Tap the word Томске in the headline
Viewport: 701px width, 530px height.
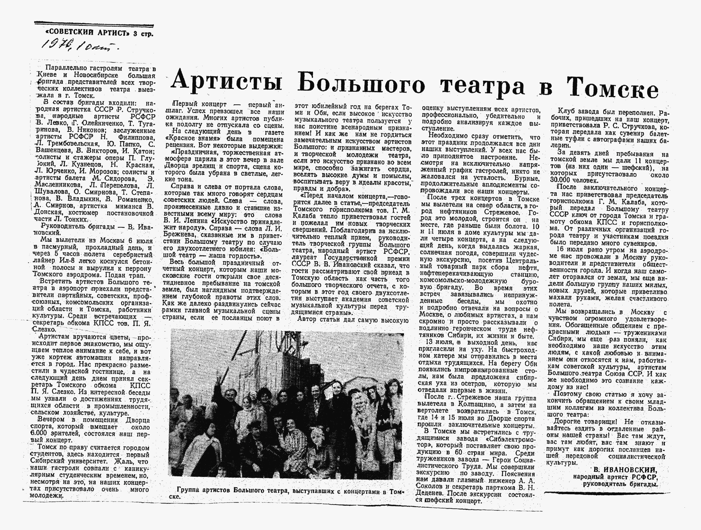click(612, 87)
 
